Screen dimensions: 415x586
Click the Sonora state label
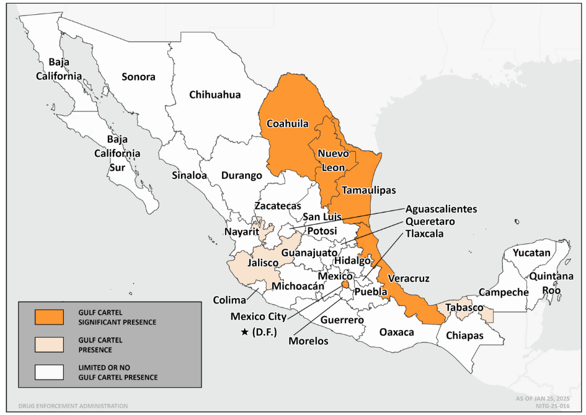tap(138, 77)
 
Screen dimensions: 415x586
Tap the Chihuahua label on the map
tap(215, 95)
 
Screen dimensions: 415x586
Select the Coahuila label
tap(287, 123)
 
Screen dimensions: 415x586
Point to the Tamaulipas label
tap(369, 190)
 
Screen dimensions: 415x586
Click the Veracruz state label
tap(408, 279)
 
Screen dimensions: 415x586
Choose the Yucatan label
tap(531, 253)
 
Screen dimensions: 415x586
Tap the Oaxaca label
tap(396, 332)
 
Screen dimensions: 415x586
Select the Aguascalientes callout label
tap(441, 209)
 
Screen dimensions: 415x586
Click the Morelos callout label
tap(308, 341)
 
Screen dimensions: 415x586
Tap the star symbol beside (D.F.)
tap(245, 332)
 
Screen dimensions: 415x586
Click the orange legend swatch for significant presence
tap(50, 317)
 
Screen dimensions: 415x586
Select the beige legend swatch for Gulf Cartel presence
tap(50, 344)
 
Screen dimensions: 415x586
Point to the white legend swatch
tap(50, 372)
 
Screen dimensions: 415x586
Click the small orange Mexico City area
tap(345, 284)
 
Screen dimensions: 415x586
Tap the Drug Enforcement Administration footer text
tap(73, 406)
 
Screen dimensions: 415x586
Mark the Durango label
tap(241, 175)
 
